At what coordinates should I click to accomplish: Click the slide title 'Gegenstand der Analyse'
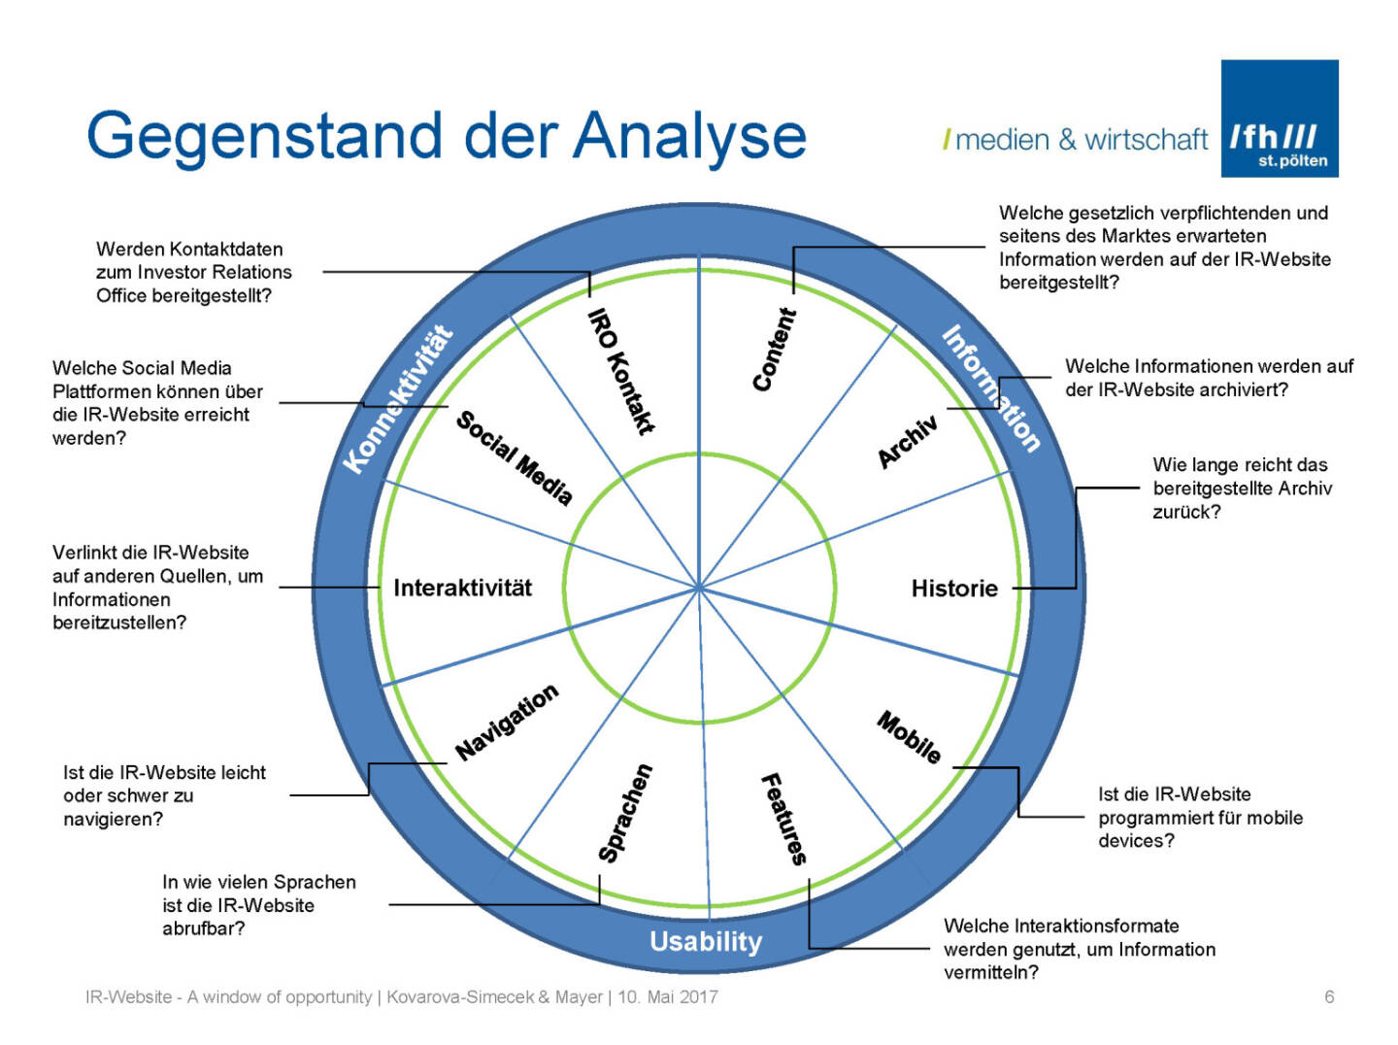coord(447,136)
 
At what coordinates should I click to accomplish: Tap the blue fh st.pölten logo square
coord(1279,118)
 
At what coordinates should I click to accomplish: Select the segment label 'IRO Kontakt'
coord(622,371)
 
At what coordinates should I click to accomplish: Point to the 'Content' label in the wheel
coord(775,350)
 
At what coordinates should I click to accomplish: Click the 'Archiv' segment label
coord(908,441)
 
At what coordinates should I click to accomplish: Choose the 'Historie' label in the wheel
coord(954,589)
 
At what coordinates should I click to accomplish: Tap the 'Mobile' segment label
coord(909,737)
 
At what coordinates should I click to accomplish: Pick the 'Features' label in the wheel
coord(783,818)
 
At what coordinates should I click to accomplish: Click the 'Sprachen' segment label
coord(625,814)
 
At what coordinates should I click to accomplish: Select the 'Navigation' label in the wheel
coord(507,722)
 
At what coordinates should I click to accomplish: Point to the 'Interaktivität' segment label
coord(462,589)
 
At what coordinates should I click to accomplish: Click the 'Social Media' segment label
coord(514,457)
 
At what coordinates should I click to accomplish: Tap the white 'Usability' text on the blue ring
coord(706,942)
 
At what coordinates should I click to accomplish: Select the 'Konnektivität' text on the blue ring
coord(399,399)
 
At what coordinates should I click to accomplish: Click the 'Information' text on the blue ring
coord(991,388)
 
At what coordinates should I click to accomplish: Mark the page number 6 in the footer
coord(1329,996)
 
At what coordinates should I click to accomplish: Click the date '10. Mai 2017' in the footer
coord(668,996)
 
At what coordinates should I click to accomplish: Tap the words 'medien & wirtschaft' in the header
coord(1082,140)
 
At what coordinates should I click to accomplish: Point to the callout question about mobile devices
coord(1200,818)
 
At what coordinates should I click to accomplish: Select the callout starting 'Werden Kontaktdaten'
coord(193,273)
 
